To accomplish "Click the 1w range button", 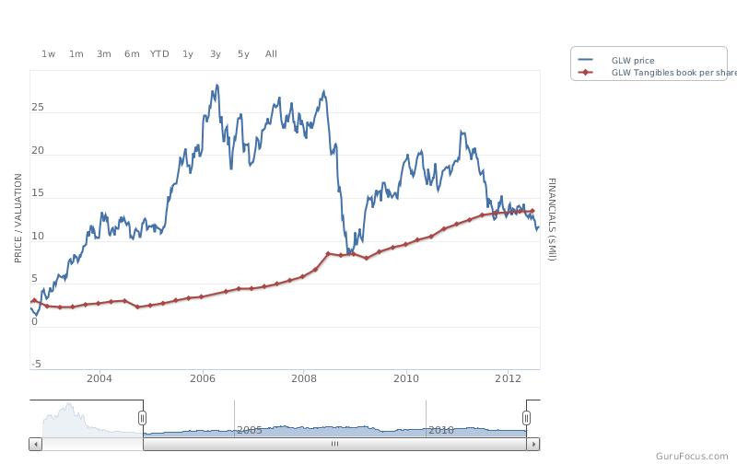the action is (49, 54).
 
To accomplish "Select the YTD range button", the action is (159, 54).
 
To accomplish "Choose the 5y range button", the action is (243, 54).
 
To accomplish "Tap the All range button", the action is (271, 54).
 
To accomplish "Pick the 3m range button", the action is (104, 54).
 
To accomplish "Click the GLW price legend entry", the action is (616, 60).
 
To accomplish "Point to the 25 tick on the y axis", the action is (38, 107).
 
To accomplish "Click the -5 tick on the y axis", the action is (36, 364).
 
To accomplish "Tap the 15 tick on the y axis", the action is (38, 193).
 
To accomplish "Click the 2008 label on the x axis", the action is (304, 378).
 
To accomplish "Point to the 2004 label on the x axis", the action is (99, 378).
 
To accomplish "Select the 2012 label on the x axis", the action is (509, 378).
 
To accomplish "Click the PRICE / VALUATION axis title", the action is (18, 218).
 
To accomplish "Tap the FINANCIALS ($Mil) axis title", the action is (552, 219).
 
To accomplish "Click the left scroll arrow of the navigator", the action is (36, 444).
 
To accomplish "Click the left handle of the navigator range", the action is (143, 417).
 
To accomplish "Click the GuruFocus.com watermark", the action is (692, 456).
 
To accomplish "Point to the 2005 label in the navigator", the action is (249, 430).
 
